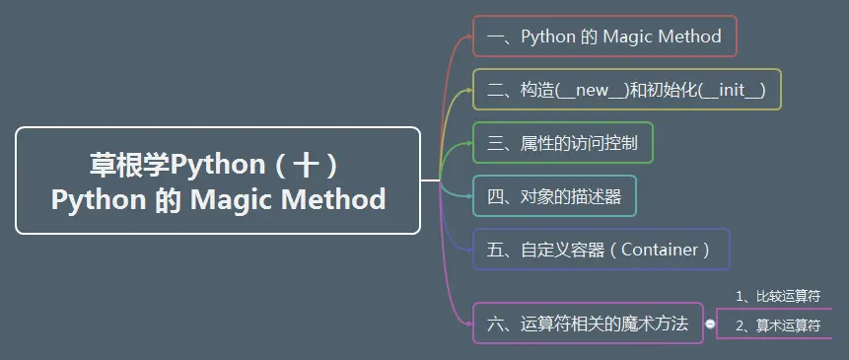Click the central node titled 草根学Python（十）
218,180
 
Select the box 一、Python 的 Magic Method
604,37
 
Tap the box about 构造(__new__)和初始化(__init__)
626,90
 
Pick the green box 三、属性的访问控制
562,143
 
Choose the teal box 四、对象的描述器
554,196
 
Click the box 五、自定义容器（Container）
601,250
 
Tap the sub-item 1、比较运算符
778,296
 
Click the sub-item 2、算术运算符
778,324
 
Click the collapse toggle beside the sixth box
710,324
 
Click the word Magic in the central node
232,199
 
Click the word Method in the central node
333,199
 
